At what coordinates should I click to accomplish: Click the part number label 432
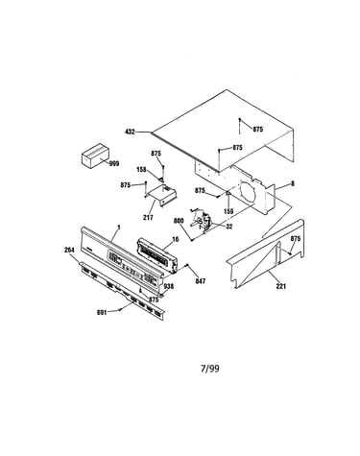(x=130, y=132)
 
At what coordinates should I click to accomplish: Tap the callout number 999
(x=114, y=163)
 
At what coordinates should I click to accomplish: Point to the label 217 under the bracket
(x=148, y=218)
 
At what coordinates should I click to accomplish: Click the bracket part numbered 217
(x=160, y=194)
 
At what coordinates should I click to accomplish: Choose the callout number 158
(x=141, y=170)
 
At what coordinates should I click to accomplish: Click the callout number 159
(x=228, y=211)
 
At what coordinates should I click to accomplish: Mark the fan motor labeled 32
(x=200, y=219)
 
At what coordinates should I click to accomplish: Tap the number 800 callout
(x=179, y=221)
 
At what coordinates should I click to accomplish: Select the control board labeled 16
(x=157, y=255)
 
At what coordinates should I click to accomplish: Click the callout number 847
(x=201, y=281)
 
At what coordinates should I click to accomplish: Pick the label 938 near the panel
(x=169, y=286)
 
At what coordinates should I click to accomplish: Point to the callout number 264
(x=69, y=250)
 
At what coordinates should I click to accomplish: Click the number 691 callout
(x=102, y=312)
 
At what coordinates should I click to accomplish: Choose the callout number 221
(x=281, y=286)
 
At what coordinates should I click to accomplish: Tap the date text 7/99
(x=210, y=369)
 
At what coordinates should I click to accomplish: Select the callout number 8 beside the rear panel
(x=292, y=184)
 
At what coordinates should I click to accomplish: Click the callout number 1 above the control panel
(x=119, y=228)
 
